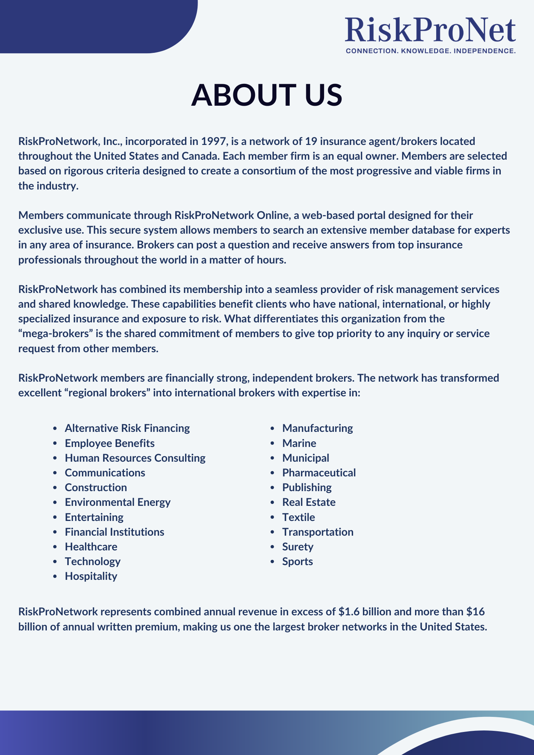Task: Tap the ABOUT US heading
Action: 267,95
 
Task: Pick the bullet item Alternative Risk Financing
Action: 127,428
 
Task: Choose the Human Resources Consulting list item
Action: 135,458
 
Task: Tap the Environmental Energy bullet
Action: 117,502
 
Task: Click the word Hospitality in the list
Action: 91,576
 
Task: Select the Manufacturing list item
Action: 318,428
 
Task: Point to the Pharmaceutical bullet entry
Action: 319,473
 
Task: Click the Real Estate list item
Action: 309,502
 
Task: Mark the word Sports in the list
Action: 298,561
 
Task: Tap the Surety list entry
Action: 298,547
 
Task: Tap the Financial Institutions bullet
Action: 114,532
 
